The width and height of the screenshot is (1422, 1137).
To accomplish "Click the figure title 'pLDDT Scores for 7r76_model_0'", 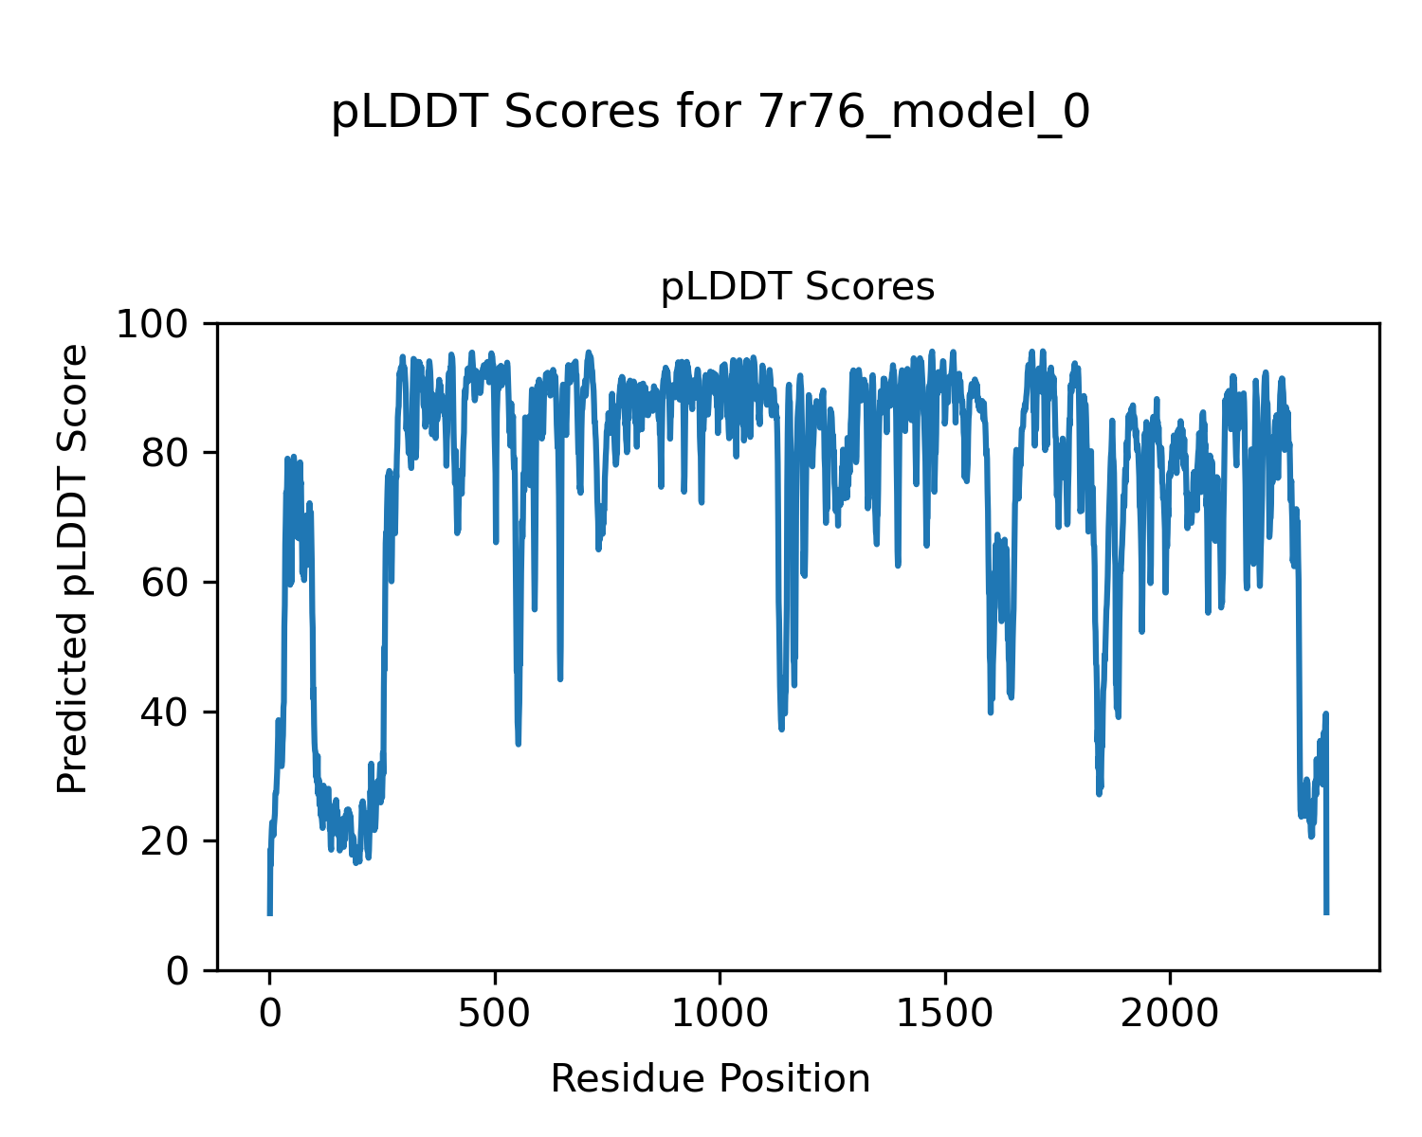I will (x=710, y=113).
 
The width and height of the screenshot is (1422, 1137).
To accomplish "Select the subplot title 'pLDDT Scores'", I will (x=797, y=287).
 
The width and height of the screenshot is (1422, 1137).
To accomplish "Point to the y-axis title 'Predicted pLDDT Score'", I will (x=73, y=568).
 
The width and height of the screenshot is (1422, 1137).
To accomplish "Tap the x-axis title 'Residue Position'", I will (x=710, y=1078).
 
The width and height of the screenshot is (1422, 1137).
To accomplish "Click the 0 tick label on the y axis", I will (x=181, y=971).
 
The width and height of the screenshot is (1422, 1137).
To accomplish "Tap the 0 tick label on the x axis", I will (x=270, y=1014).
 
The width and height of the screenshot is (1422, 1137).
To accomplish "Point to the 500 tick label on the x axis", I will (x=495, y=1014).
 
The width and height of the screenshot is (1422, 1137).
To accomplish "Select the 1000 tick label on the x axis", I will (x=720, y=1014).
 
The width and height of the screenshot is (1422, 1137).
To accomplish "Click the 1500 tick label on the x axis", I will (x=945, y=1014).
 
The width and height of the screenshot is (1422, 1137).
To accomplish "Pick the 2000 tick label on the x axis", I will (x=1170, y=1014).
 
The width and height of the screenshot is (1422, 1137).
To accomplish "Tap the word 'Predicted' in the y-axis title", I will (x=73, y=703).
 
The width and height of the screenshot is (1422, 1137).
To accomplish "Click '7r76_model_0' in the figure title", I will (x=924, y=113).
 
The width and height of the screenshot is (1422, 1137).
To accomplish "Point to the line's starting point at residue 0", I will (x=270, y=911).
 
